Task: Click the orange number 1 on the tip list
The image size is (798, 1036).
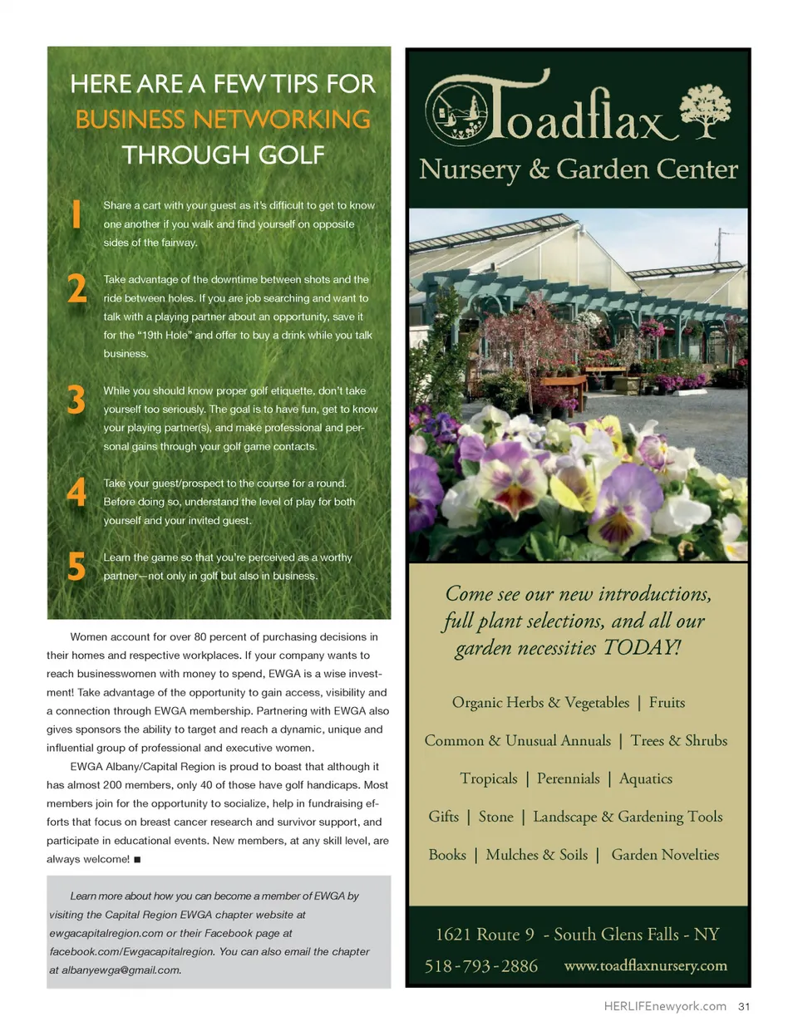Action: (x=76, y=214)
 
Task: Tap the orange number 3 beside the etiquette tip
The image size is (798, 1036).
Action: (x=76, y=400)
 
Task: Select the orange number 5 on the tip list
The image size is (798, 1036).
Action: (x=76, y=567)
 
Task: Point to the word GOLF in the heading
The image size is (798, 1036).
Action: (x=291, y=155)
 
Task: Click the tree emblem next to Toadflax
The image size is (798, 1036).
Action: (x=705, y=110)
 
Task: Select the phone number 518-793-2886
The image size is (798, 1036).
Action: (x=480, y=966)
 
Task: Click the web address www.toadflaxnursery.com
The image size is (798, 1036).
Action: (x=645, y=965)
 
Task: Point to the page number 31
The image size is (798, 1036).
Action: (x=744, y=1006)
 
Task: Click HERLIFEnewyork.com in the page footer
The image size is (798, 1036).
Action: (x=665, y=1006)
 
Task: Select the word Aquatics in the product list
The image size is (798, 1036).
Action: (x=646, y=778)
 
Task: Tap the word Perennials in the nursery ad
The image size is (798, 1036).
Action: (x=568, y=778)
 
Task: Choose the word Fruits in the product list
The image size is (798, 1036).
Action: (x=667, y=703)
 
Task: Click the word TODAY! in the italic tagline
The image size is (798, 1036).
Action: (x=643, y=648)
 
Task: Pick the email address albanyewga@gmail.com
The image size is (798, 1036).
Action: (x=121, y=970)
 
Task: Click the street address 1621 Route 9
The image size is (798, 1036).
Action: (x=485, y=935)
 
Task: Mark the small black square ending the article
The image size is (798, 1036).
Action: (x=137, y=860)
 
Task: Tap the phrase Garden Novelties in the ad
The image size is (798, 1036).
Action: (x=665, y=855)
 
